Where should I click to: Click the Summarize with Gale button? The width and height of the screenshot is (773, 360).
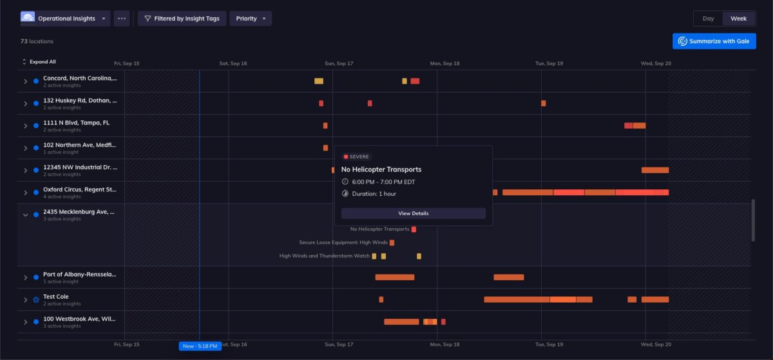point(714,41)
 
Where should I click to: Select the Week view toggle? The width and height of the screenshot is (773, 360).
point(738,19)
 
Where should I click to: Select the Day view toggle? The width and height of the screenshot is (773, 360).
point(708,19)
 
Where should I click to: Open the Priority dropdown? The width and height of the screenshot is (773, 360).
point(251,19)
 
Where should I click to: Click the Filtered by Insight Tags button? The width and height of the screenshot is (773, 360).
point(181,19)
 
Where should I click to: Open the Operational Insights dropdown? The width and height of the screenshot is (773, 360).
point(65,19)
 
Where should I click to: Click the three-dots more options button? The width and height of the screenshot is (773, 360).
point(122,19)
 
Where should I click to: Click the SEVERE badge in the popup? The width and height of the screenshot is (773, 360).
point(356,156)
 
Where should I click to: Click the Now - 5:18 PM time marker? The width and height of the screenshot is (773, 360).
point(200,346)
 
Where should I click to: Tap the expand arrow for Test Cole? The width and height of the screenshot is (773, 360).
point(26,299)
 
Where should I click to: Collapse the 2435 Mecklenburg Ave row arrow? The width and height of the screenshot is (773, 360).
point(26,215)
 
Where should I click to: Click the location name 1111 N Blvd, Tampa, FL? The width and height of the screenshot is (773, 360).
point(76,122)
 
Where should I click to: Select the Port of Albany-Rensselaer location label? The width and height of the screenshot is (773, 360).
point(79,274)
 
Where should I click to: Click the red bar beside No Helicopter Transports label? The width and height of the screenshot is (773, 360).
point(414,229)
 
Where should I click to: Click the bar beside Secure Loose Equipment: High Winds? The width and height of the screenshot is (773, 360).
point(392,243)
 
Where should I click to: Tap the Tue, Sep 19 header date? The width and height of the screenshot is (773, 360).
point(549,64)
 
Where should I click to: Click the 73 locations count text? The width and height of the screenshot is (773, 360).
point(37,41)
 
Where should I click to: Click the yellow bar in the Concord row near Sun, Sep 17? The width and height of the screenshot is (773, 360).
point(318,81)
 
